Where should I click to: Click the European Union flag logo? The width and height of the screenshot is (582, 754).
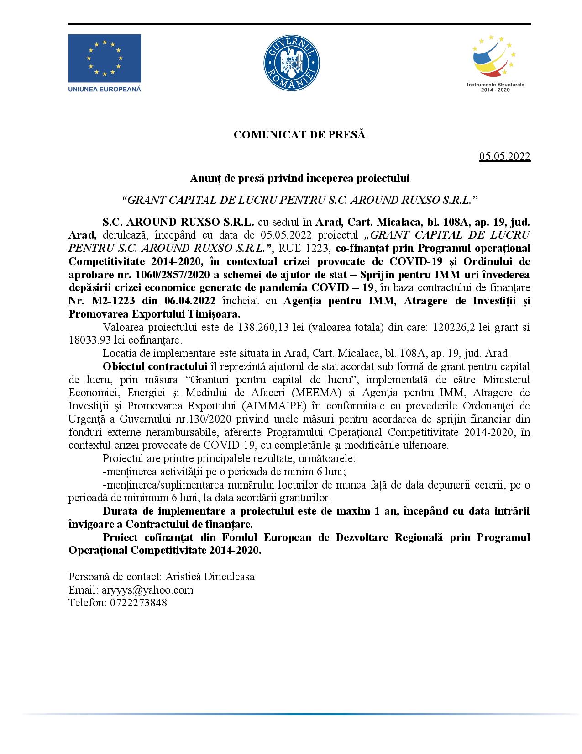pos(105,58)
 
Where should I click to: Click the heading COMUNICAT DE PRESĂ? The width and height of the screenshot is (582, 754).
pos(299,135)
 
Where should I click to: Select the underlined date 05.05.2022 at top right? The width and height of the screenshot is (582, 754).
pos(504,157)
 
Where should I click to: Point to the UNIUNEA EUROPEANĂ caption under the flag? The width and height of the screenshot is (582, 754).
pos(105,89)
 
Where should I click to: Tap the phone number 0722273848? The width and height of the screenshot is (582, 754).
pos(138,602)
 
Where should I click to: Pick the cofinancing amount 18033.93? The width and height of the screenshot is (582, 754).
pos(89,340)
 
